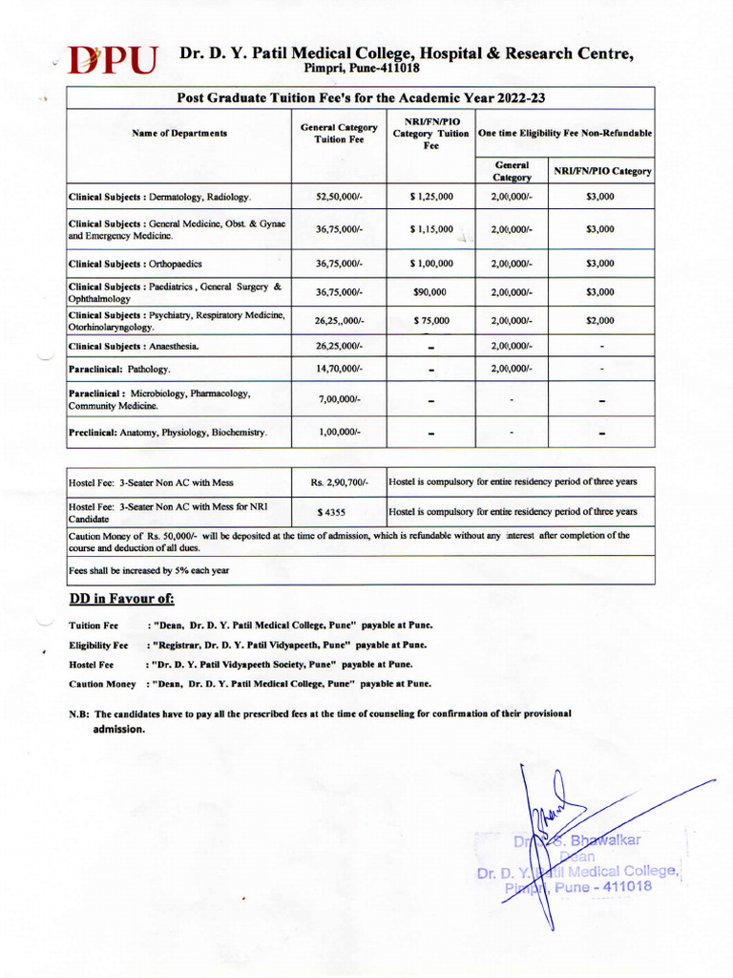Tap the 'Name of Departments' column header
[x=179, y=134]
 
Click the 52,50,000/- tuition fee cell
[x=338, y=197]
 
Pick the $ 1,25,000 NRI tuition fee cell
[x=431, y=197]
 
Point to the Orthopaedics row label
[x=135, y=264]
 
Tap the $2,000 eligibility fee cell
[x=600, y=321]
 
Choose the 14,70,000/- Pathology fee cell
[x=338, y=369]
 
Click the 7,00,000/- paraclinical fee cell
[x=338, y=398]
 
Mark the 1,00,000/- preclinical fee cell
[x=338, y=433]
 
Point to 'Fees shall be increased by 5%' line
[x=149, y=570]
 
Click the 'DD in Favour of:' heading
[x=121, y=600]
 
